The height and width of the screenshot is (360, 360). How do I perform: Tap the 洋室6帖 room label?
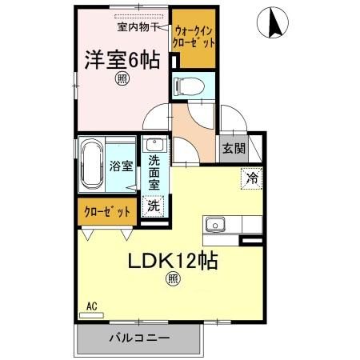pos(122,59)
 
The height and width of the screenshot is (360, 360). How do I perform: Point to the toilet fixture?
pos(190,84)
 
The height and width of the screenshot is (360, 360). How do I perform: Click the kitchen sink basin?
pos(215,225)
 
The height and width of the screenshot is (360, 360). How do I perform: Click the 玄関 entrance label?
pos(234,147)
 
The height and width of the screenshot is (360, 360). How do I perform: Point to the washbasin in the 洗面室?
pos(154,146)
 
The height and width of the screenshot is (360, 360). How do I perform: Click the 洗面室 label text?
pos(154,172)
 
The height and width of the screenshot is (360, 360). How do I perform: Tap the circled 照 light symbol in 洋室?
pos(122,78)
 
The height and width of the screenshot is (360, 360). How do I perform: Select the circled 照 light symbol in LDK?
pos(173,279)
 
